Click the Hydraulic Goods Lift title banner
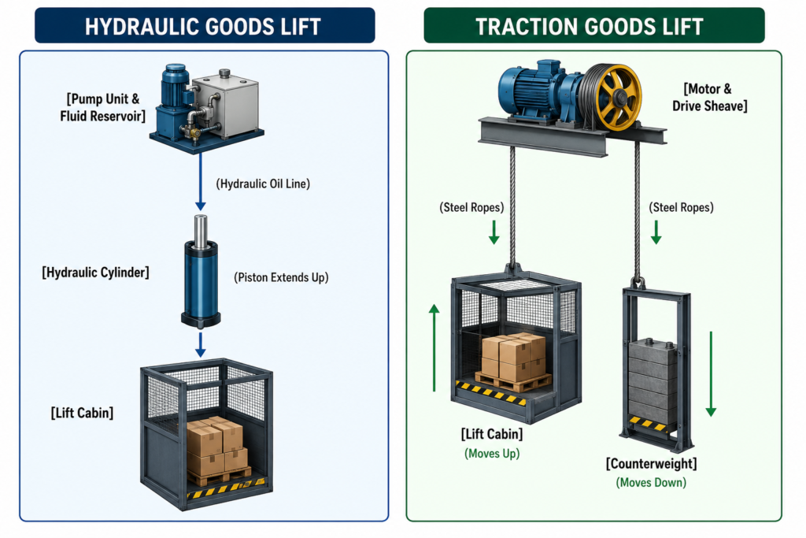[x=205, y=25]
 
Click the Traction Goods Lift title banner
[x=594, y=25]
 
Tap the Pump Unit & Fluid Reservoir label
[x=103, y=107]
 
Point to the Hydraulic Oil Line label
[x=263, y=184]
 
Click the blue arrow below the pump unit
[x=201, y=181]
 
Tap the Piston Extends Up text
[x=281, y=278]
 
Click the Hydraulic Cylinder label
[x=95, y=273]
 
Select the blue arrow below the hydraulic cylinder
[x=201, y=344]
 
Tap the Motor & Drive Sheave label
[x=709, y=98]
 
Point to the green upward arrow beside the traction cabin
[x=434, y=347]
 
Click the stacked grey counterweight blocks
[x=653, y=380]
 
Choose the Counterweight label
[x=651, y=464]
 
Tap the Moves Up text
[x=492, y=454]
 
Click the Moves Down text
[x=651, y=482]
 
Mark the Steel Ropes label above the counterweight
[x=681, y=208]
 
